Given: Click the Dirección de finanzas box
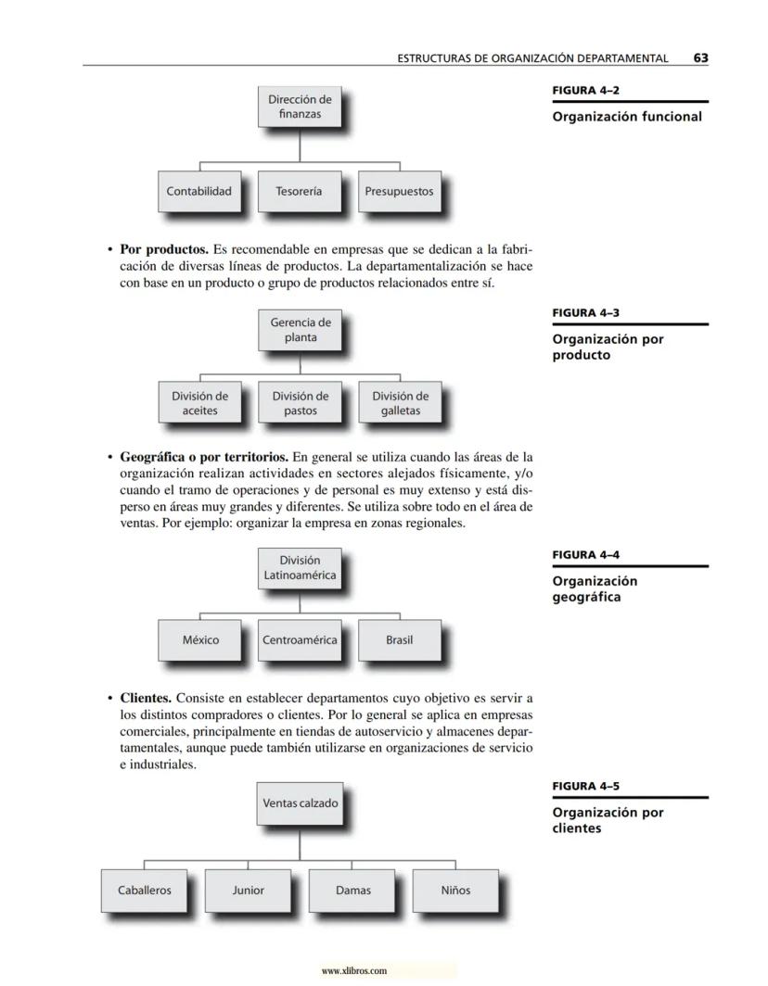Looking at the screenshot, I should click(300, 107).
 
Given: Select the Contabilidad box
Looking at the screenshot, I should click(198, 191).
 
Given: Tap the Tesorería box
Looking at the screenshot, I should click(299, 191).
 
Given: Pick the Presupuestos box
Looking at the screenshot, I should click(399, 191).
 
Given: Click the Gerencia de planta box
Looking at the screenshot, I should click(300, 330).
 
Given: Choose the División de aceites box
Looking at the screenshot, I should click(199, 403).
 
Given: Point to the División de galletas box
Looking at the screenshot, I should click(400, 403).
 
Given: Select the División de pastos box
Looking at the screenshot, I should click(300, 403).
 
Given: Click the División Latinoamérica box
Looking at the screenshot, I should click(300, 567).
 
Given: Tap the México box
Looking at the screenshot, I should click(200, 640).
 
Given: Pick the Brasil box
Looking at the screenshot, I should click(399, 640).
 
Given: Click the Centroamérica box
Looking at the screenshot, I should click(300, 640).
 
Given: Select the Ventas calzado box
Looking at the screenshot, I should click(300, 803).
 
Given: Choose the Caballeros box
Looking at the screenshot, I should click(145, 891).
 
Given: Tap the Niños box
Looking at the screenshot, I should click(455, 891).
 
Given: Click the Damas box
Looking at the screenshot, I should click(352, 891).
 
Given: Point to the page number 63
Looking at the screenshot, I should click(700, 57).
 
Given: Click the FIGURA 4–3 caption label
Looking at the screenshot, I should click(585, 313).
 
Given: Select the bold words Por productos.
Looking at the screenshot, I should click(163, 249).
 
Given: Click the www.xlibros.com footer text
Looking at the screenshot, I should click(353, 971).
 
